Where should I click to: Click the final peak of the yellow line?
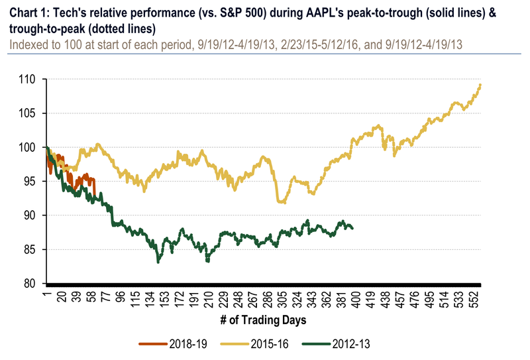click(480, 85)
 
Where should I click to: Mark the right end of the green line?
click(353, 228)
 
